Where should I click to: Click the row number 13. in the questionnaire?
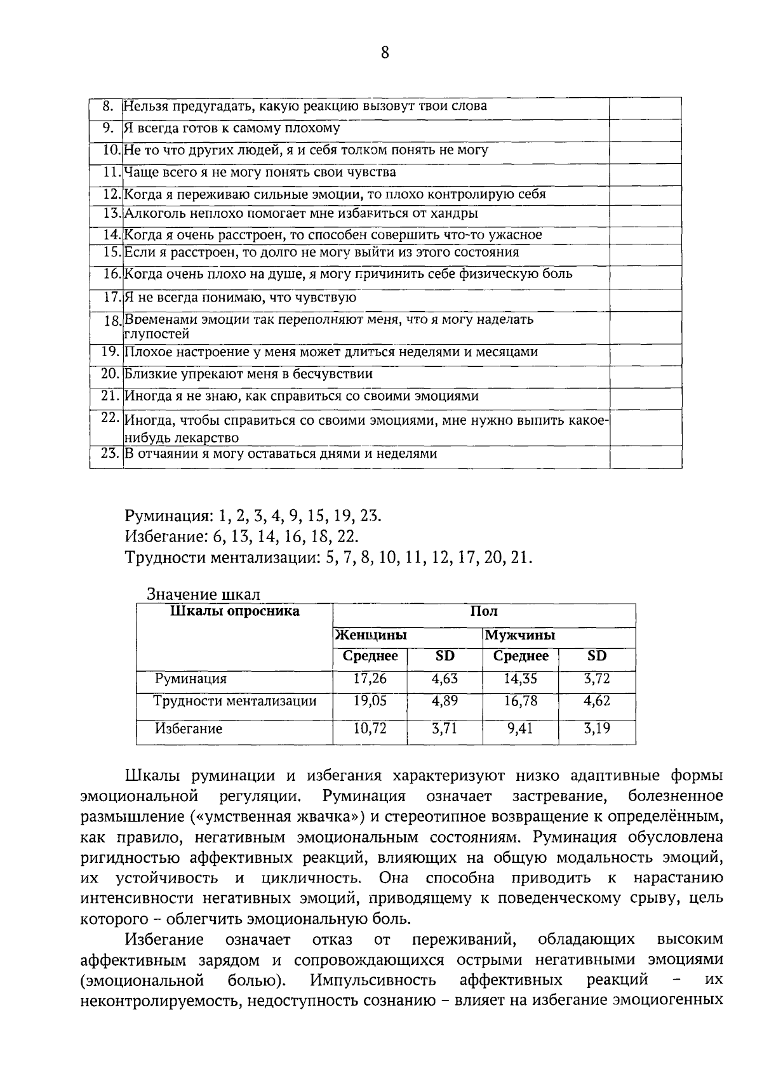(x=112, y=214)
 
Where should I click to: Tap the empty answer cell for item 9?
(x=645, y=130)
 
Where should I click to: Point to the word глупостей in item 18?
(x=156, y=334)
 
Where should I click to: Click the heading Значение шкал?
(x=203, y=595)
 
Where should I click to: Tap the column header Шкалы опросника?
(x=234, y=611)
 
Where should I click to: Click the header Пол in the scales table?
(x=483, y=611)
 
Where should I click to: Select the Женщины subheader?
(x=371, y=635)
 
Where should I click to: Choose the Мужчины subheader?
(x=519, y=635)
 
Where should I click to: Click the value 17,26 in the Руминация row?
(x=370, y=679)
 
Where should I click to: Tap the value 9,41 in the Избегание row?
(x=520, y=728)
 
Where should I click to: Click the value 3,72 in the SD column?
(x=596, y=679)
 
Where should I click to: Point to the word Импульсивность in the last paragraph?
(x=373, y=981)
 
